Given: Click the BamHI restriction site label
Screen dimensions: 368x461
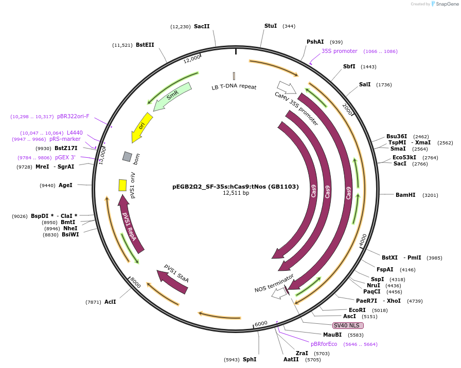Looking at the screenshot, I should [405, 195].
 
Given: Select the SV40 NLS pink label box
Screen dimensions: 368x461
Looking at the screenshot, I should [348, 325].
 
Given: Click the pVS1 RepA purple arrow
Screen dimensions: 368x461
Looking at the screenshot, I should [130, 224].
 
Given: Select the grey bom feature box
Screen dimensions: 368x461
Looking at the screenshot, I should [127, 156].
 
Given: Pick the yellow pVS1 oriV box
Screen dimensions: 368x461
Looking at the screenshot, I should [122, 185].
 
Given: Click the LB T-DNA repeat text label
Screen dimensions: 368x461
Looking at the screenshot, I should [234, 87].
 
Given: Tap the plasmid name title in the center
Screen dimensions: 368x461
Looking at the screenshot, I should [235, 187].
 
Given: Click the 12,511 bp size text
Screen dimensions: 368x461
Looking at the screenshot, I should [236, 193].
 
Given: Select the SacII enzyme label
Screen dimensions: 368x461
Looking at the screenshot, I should [202, 26].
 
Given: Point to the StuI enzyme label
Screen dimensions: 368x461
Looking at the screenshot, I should [270, 26].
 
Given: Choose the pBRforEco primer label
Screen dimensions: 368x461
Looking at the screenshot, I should [324, 344].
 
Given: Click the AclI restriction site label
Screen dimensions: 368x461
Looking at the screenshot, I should [110, 302].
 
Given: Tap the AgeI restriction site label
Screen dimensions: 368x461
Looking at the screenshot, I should [65, 185].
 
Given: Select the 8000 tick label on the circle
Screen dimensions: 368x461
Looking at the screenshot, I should [135, 282].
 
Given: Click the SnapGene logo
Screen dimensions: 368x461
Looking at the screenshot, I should [444, 4].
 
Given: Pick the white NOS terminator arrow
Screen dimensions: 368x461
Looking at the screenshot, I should [279, 293].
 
